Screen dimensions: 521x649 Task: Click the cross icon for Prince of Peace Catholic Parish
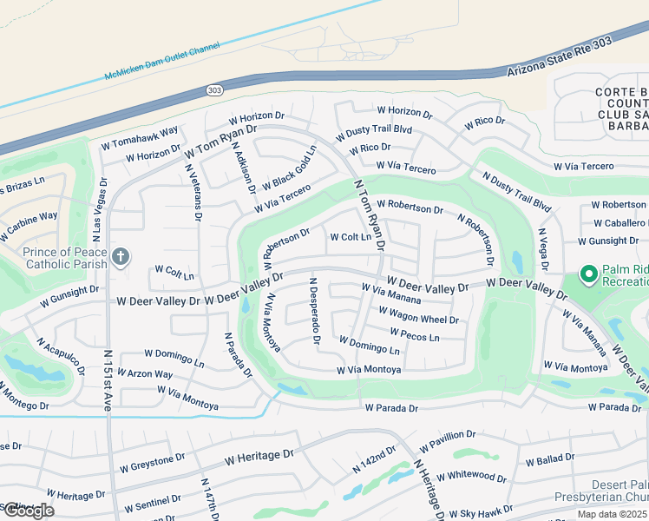point(121,256)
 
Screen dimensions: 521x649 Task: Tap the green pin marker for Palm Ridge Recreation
point(589,275)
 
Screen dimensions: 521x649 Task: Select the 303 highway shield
point(213,89)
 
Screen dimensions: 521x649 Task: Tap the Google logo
point(28,510)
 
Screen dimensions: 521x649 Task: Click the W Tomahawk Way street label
point(140,138)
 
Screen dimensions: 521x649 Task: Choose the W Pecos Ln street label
point(415,334)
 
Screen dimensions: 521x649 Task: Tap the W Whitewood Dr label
point(471,477)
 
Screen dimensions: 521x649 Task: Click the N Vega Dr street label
point(543,247)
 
